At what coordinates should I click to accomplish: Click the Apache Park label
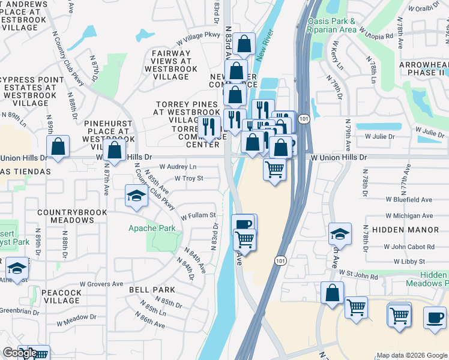(152, 228)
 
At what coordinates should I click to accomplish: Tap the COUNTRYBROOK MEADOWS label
(65, 216)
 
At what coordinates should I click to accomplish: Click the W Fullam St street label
(198, 215)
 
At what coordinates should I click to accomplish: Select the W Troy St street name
(189, 178)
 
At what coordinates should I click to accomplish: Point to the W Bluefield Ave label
(409, 199)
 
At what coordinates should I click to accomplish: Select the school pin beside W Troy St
(136, 196)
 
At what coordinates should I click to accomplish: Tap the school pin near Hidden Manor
(340, 234)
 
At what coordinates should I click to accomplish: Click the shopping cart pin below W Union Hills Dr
(274, 170)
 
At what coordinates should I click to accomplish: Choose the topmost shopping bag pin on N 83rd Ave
(244, 43)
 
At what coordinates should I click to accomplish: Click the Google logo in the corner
(20, 353)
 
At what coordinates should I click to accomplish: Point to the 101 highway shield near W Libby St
(280, 260)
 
